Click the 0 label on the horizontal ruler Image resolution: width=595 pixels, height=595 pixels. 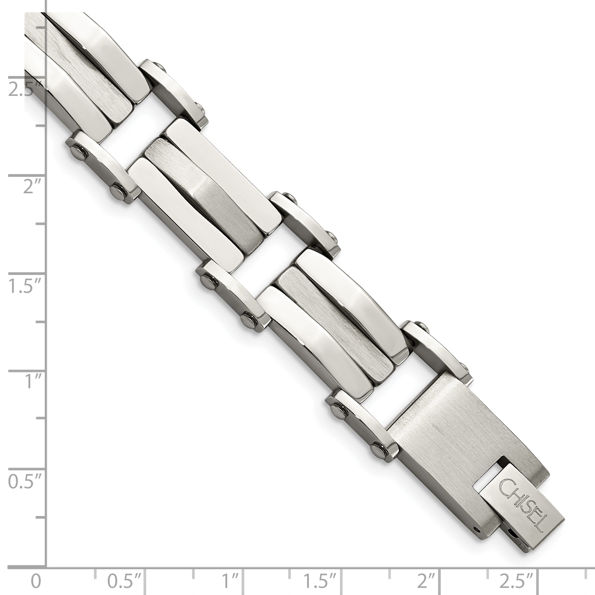36,581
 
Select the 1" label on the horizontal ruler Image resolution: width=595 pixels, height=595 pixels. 230,581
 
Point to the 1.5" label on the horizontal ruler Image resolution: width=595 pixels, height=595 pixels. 320,581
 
